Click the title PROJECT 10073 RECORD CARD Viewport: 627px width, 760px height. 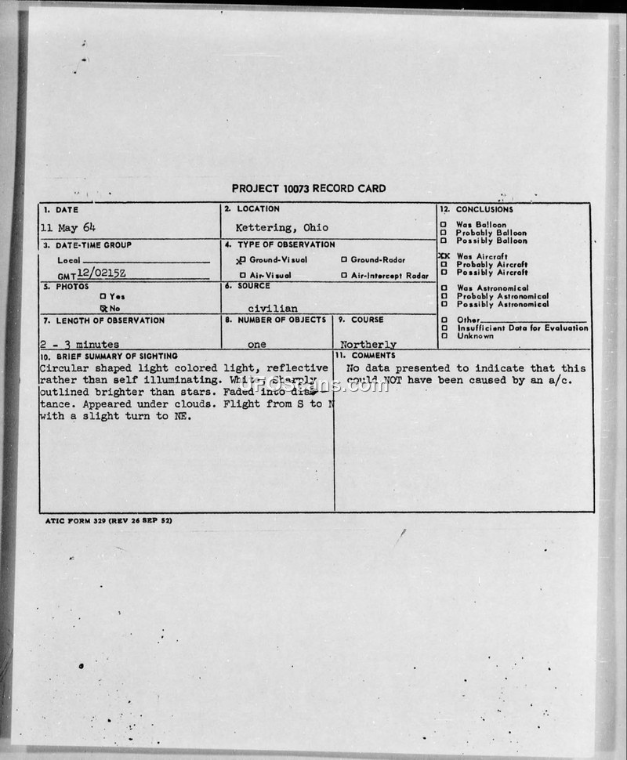coord(308,188)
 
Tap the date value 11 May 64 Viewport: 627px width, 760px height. coord(68,227)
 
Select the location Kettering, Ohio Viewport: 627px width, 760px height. coord(282,227)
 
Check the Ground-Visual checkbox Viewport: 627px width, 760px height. coord(243,259)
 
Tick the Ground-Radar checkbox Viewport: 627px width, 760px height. coord(343,259)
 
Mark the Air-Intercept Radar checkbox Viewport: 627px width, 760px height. coord(343,276)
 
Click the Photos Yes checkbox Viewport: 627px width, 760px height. coord(103,296)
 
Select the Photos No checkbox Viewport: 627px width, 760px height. coord(103,308)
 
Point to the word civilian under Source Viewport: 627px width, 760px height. coord(272,308)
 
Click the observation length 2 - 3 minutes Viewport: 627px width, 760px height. coord(79,344)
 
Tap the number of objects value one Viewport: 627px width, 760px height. coord(256,344)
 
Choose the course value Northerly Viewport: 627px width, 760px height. coord(368,344)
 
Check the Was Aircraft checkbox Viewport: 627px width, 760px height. coord(444,256)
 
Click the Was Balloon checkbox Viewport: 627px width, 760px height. coord(444,225)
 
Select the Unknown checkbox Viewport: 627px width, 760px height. coord(444,336)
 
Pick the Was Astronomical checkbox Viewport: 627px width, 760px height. coord(444,288)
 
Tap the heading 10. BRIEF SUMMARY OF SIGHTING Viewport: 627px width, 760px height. coord(109,356)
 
